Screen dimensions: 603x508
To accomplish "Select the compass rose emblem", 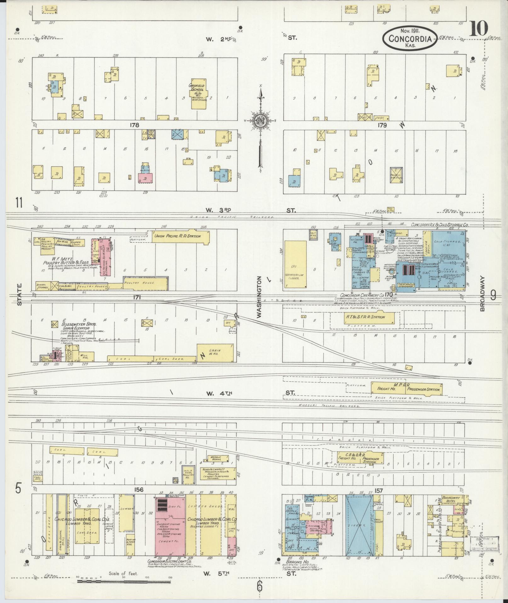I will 261,120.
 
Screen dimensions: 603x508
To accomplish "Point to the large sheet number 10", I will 479,28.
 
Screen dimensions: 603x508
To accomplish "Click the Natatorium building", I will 295,264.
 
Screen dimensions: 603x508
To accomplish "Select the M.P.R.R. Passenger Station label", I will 424,389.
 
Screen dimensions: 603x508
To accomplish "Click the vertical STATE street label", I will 20,294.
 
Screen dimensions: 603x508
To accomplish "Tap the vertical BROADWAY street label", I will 482,294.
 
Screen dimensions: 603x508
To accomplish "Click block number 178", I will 134,125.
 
